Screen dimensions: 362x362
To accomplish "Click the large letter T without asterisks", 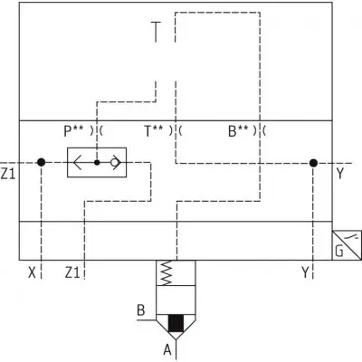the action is click(x=156, y=32).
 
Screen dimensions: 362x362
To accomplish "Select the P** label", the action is click(x=73, y=131).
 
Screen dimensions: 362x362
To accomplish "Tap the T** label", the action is click(x=154, y=131).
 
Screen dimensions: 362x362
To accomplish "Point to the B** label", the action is click(x=238, y=131).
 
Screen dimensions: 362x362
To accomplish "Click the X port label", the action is click(x=32, y=273).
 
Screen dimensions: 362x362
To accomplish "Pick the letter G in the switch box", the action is click(x=339, y=251).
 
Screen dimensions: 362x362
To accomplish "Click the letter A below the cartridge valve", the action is click(x=167, y=350).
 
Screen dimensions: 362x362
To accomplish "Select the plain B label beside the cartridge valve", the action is click(x=141, y=310).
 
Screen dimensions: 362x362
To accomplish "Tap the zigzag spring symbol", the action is click(x=166, y=273).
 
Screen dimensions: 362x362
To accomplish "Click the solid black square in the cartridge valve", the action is click(x=176, y=323).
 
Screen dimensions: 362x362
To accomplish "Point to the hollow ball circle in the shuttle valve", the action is click(x=114, y=163).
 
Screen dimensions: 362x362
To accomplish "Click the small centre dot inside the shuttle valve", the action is click(x=97, y=163).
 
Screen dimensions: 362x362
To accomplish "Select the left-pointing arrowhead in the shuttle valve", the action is click(x=77, y=163).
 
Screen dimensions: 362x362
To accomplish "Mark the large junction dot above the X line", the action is click(x=42, y=163).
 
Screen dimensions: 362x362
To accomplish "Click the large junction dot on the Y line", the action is click(x=313, y=163).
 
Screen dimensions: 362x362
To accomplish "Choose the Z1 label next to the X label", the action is click(x=72, y=273).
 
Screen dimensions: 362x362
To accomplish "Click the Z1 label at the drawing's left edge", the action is click(x=8, y=174).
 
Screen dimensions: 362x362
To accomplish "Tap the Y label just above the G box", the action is click(x=340, y=174).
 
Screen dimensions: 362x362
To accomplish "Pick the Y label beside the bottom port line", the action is click(x=306, y=273).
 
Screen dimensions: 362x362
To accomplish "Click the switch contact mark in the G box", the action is click(x=354, y=237).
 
